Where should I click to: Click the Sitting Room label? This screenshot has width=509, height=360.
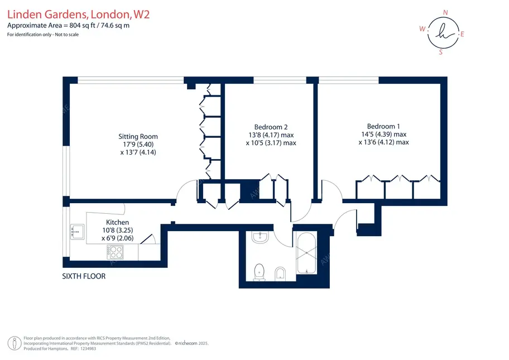pyautogui.click(x=138, y=137)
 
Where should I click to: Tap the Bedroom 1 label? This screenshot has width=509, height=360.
pyautogui.click(x=383, y=126)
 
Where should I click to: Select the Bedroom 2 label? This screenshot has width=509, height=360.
pyautogui.click(x=271, y=127)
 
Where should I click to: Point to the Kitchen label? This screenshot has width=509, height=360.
pyautogui.click(x=118, y=222)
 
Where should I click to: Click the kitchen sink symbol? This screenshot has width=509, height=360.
pyautogui.click(x=77, y=232)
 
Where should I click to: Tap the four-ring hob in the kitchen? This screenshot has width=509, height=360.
pyautogui.click(x=115, y=252)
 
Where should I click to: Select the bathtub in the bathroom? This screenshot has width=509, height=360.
pyautogui.click(x=306, y=253)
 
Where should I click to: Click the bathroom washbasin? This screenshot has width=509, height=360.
pyautogui.click(x=260, y=237)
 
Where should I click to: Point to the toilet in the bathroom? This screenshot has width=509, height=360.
pyautogui.click(x=259, y=272)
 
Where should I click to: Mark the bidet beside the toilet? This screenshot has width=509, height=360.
pyautogui.click(x=280, y=273)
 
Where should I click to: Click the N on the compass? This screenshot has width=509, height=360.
pyautogui.click(x=445, y=13)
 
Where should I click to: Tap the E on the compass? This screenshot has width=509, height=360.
pyautogui.click(x=462, y=34)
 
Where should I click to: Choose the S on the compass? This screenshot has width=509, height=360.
pyautogui.click(x=440, y=52)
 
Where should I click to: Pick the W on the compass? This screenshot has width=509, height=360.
pyautogui.click(x=422, y=29)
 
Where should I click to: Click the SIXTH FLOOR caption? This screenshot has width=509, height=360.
pyautogui.click(x=84, y=276)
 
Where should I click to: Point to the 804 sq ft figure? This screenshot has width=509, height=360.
pyautogui.click(x=82, y=25)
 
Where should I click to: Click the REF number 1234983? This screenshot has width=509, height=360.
pyautogui.click(x=88, y=349)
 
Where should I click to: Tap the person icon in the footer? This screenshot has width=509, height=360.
pyautogui.click(x=15, y=343)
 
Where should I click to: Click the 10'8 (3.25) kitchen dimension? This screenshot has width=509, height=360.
pyautogui.click(x=118, y=230)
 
